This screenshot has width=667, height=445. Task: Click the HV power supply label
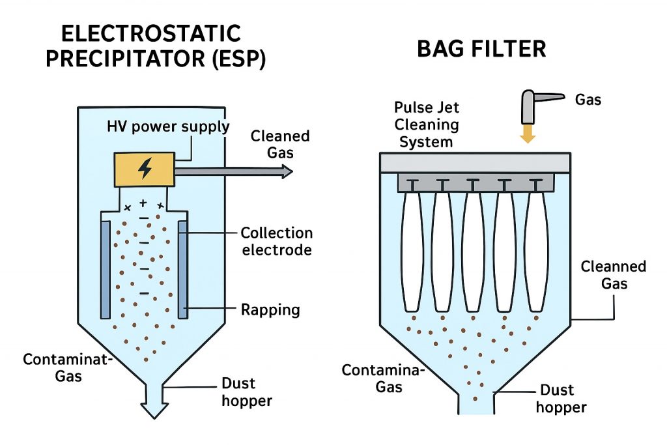[x=168, y=127]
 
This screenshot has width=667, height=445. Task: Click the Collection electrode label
[x=276, y=241]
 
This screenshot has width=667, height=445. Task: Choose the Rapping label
[x=270, y=309]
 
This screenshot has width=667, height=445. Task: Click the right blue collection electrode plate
[x=183, y=268]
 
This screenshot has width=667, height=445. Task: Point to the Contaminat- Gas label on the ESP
[x=55, y=367]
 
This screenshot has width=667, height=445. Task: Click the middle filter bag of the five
[x=474, y=251]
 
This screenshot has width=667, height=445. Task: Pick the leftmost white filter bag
[x=412, y=251]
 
